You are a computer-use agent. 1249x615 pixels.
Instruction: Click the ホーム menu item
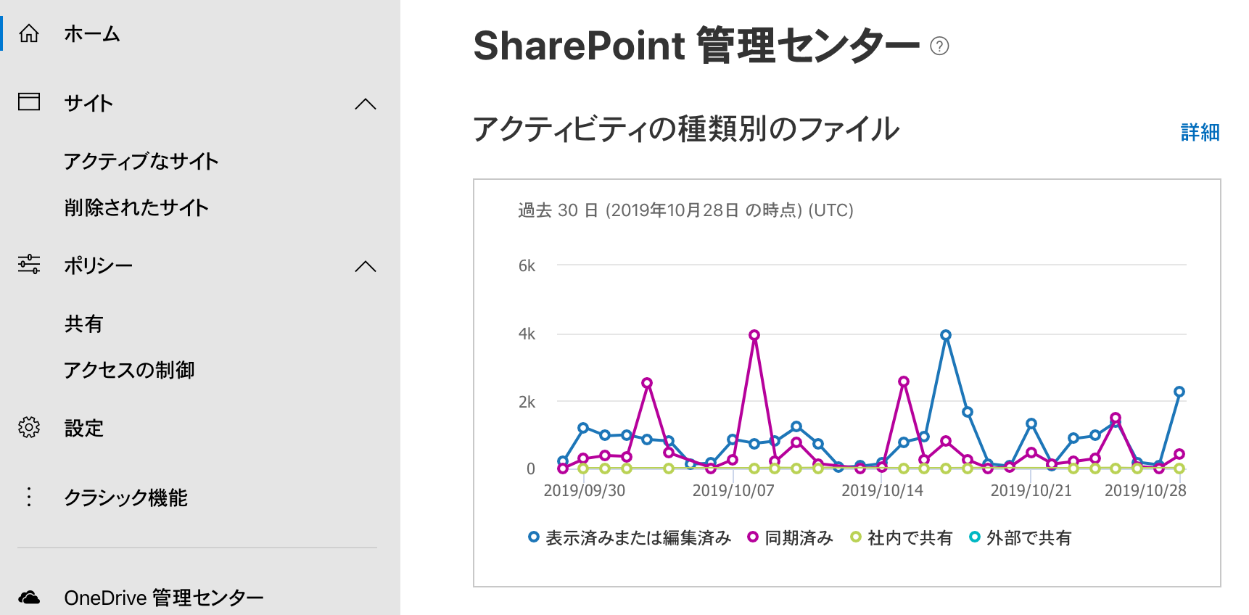(x=91, y=34)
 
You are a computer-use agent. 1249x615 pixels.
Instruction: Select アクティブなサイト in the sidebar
(x=141, y=161)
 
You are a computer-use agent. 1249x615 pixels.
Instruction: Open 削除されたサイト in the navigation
(x=136, y=207)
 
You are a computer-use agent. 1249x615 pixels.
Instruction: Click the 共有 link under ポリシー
(x=84, y=323)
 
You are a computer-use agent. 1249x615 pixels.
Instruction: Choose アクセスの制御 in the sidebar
(x=129, y=370)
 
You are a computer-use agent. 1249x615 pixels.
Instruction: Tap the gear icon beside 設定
(x=29, y=427)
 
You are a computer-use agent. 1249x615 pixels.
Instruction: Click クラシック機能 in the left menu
(x=125, y=498)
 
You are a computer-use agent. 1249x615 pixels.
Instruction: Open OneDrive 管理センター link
(x=164, y=598)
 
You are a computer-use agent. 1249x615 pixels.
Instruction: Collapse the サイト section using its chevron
(x=366, y=104)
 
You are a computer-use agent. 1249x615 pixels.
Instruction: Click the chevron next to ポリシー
(x=366, y=266)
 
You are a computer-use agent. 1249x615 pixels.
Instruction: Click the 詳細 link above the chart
(x=1200, y=132)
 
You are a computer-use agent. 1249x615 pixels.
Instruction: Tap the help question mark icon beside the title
(x=939, y=46)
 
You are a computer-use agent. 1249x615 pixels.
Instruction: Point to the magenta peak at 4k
(x=754, y=335)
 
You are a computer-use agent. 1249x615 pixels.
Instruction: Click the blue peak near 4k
(x=946, y=335)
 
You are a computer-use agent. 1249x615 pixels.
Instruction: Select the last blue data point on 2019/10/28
(x=1179, y=392)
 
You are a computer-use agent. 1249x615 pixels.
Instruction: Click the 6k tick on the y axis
(x=527, y=266)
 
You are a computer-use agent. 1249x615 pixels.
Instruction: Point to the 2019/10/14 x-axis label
(x=882, y=490)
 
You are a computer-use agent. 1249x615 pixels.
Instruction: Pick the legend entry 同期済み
(x=791, y=537)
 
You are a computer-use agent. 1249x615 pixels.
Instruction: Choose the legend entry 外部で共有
(x=1021, y=537)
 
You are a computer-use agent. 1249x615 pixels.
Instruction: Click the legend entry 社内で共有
(x=902, y=537)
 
